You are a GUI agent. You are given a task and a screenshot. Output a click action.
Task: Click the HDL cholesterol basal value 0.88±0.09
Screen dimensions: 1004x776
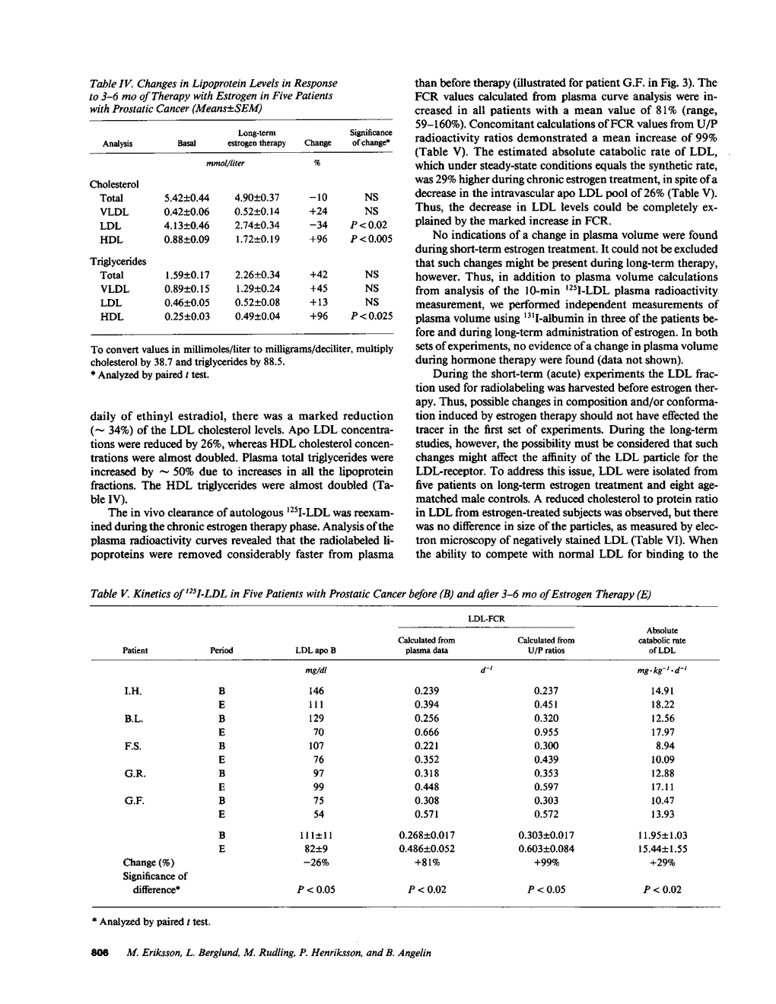click(187, 240)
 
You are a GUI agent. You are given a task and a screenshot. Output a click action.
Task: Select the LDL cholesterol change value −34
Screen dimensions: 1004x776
click(317, 226)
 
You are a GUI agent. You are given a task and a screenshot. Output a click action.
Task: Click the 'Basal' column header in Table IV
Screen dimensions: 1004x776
click(186, 143)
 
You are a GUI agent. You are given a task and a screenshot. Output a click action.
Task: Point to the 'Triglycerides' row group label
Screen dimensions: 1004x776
click(118, 261)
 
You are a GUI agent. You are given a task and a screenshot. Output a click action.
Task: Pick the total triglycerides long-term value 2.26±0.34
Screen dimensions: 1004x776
click(257, 275)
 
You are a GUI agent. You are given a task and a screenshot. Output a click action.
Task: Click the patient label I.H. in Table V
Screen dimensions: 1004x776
click(133, 691)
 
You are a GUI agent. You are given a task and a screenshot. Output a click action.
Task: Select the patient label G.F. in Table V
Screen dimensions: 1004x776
click(134, 801)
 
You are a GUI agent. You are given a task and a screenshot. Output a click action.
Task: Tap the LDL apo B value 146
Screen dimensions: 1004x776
click(316, 691)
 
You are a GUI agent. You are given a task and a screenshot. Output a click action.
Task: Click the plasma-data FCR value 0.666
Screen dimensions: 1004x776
click(427, 732)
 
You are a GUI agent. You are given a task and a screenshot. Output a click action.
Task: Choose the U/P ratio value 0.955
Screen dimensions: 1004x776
click(546, 732)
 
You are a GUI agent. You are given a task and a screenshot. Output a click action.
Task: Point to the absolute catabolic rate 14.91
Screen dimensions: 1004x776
click(662, 691)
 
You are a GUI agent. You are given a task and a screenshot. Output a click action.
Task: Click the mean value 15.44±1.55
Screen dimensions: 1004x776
click(662, 848)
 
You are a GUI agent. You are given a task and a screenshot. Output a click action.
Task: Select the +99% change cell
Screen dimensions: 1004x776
click(546, 863)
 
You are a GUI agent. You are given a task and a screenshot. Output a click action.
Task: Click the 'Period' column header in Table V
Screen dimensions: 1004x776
click(221, 650)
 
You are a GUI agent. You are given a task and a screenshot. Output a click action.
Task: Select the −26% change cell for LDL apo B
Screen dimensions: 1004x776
click(316, 863)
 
